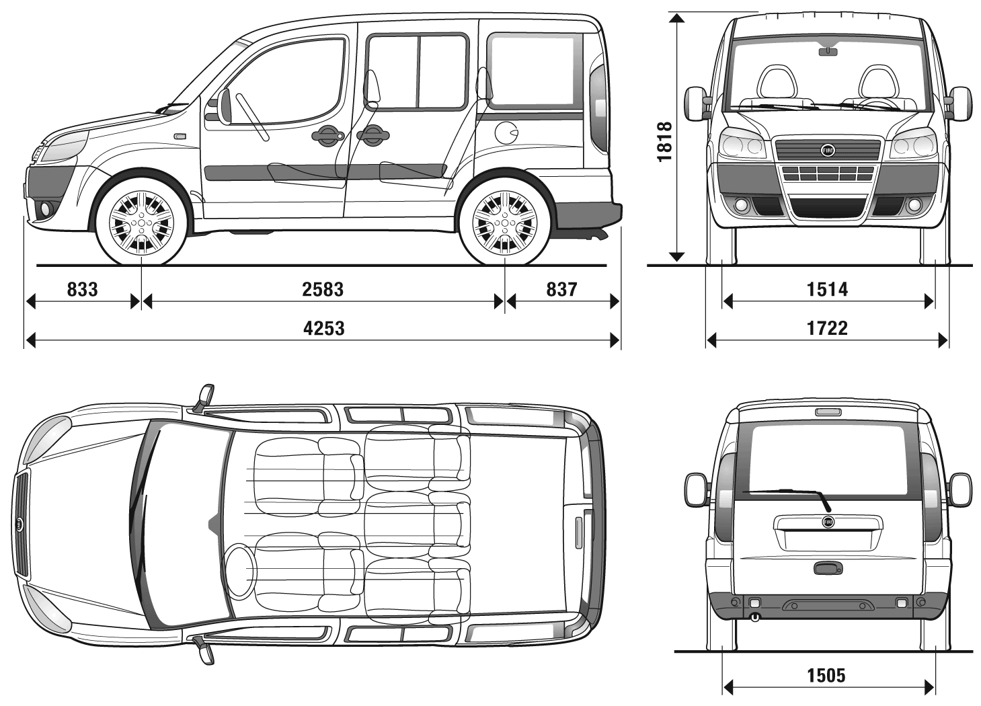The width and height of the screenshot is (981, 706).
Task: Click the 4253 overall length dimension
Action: coord(324,328)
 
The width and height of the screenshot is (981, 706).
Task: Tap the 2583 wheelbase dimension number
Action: coord(323,289)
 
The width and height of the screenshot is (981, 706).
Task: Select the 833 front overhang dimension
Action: coord(82,289)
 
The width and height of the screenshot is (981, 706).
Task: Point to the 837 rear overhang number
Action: coord(561,289)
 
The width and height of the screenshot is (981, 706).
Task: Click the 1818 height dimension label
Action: coord(665,141)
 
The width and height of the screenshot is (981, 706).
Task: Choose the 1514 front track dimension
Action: coord(827,289)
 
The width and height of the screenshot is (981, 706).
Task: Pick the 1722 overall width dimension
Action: coord(827,328)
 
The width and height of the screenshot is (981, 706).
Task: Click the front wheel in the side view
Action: coord(141,219)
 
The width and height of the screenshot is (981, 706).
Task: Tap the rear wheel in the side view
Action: coord(504,219)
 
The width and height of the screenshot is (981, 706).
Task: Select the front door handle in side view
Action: coord(326,136)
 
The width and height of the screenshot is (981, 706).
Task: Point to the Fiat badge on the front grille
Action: coord(827,151)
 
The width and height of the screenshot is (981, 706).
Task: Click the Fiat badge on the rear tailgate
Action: coord(827,522)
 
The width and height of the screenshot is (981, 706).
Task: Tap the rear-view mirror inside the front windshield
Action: coord(828,50)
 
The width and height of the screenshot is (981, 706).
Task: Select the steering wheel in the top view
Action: coord(239,563)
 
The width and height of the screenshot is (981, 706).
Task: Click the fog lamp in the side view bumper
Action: coord(46,209)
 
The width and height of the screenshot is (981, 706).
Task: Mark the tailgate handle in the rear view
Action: coord(827,569)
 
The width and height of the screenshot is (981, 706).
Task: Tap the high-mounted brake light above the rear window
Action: coord(827,412)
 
